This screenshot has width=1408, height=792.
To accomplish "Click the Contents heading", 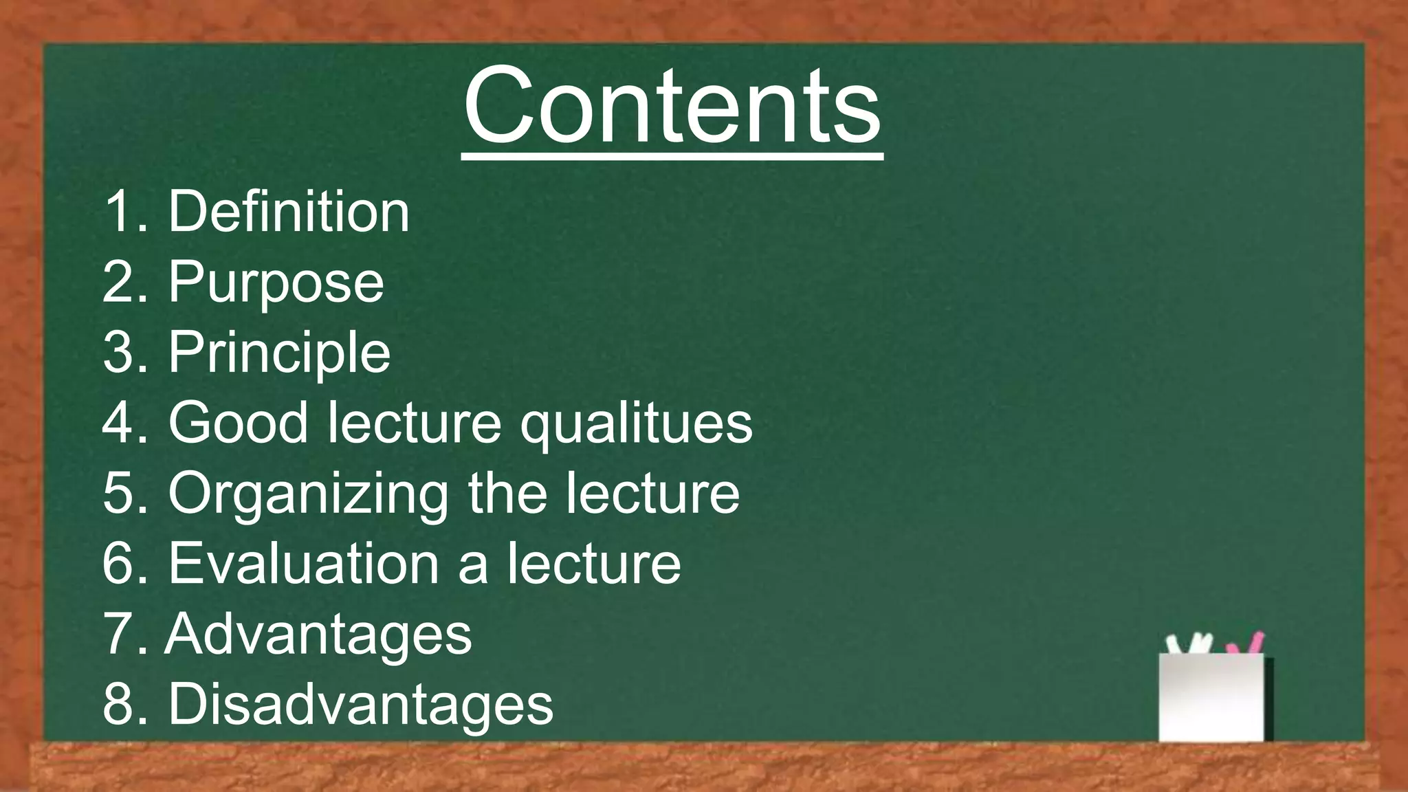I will point(672,107).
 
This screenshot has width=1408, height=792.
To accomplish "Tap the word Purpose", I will point(276,283).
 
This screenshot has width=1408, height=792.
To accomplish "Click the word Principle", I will point(279,353).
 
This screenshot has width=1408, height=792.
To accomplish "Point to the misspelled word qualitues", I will point(636,423).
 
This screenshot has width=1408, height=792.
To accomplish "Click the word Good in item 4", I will point(238,423).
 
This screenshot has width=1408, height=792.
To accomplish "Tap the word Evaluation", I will point(303,564).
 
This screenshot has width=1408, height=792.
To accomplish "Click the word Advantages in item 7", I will point(318,634).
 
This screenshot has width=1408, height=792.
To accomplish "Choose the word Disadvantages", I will point(360,704).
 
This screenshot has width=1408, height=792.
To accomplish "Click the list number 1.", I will point(118,212).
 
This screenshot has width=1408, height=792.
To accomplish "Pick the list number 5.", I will point(118,494).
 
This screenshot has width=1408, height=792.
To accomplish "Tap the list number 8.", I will point(118,704).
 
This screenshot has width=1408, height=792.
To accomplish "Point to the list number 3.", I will point(118,353).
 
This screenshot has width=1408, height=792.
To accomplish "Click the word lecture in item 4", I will point(414,423).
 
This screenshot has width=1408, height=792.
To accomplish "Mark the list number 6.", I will point(118,564).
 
